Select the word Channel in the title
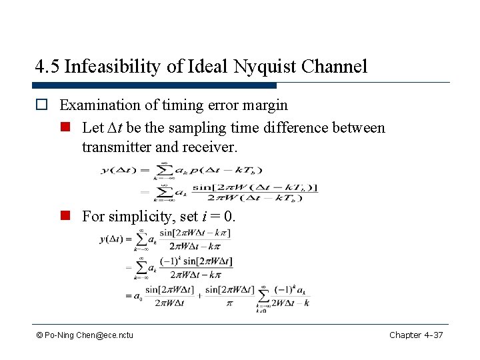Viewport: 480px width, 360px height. point(334,67)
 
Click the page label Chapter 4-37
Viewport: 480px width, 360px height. point(415,335)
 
